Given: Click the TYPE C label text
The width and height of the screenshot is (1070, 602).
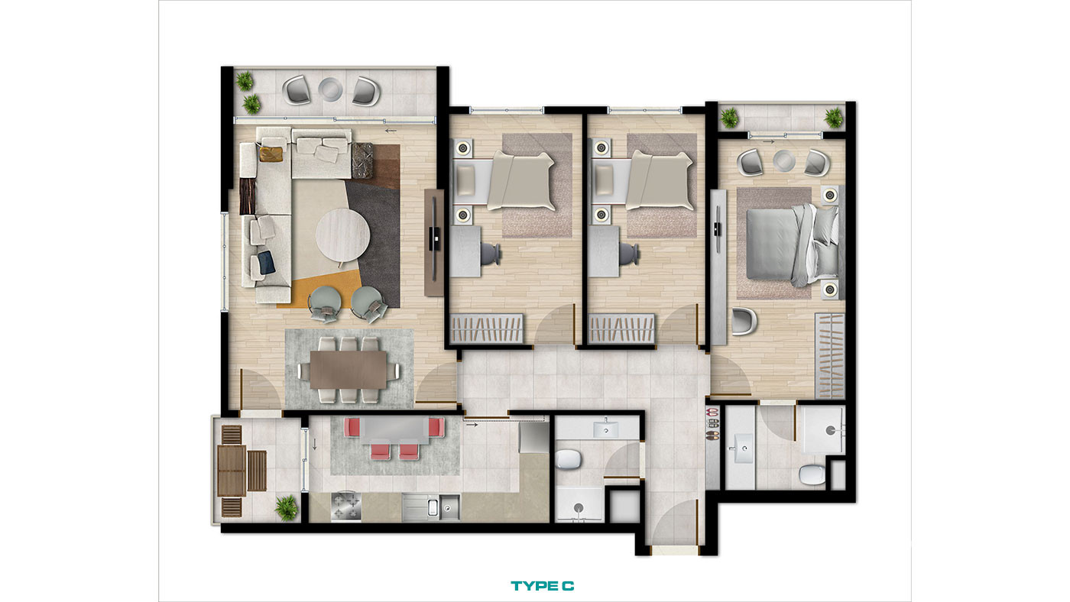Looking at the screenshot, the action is point(542,586).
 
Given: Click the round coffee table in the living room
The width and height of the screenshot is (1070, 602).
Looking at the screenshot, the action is point(342,235).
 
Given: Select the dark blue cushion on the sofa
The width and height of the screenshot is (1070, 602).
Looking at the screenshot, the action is point(266,263).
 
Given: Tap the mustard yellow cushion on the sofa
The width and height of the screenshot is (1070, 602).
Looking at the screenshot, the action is point(271,154).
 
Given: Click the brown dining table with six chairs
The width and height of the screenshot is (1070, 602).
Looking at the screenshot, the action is point(349,370).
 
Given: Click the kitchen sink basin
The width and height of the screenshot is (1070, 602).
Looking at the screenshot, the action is point(449,507).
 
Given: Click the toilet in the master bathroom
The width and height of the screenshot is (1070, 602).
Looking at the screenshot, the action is point(812,474).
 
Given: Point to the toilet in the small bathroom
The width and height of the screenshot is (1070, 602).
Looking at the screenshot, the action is point(569,459).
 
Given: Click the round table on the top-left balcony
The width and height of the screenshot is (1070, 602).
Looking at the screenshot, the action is point(330,89).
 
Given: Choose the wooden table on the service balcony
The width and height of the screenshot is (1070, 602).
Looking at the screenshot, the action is point(232,471).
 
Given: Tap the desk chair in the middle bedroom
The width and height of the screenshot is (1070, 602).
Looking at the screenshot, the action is point(631,252).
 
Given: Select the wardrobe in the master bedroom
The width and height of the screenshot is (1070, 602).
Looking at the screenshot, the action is point(830,356).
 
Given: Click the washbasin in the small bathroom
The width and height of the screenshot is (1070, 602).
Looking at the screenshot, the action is point(605,429).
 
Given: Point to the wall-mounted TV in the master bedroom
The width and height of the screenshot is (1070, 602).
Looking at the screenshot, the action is point(718,229).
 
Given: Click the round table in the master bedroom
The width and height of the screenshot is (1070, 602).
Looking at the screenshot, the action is point(783,160).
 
